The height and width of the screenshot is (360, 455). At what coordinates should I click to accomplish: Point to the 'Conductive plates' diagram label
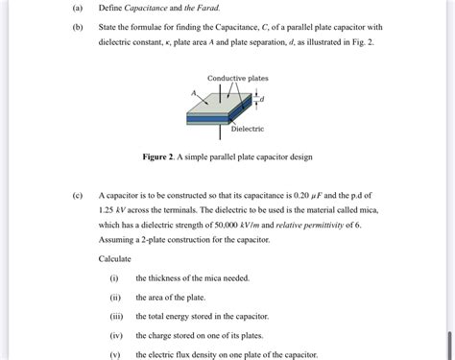(238, 77)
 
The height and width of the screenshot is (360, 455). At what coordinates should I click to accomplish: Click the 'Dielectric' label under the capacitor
(248, 129)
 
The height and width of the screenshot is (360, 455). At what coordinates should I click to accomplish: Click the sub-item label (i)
(115, 277)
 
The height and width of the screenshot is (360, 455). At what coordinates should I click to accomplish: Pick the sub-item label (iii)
(116, 316)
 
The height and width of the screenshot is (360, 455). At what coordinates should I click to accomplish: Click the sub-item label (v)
(115, 353)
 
